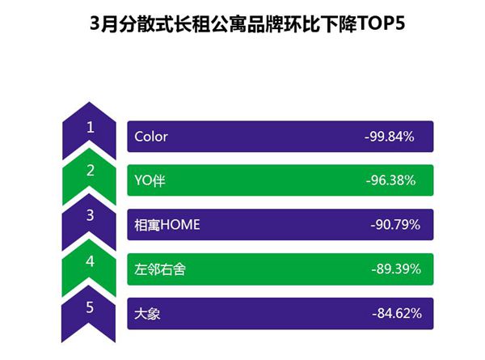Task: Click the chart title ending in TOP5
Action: [247, 23]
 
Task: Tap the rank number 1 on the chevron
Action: [90, 127]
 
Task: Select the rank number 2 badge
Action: [90, 171]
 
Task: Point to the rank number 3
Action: [90, 215]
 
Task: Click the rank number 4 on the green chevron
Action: [90, 261]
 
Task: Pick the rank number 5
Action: [90, 307]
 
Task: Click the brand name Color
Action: [151, 137]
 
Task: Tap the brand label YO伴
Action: [150, 180]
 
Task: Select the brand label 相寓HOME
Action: [167, 225]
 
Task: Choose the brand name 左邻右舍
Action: [160, 269]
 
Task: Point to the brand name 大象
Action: [147, 314]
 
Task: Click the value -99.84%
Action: [390, 137]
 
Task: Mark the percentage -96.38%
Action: [390, 180]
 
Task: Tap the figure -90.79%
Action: [395, 225]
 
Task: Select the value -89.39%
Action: [396, 269]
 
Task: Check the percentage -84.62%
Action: [397, 313]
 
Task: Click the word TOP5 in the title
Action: [381, 23]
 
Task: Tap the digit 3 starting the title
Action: [95, 23]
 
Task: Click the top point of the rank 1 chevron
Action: [89, 102]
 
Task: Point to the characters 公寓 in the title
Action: [228, 23]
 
